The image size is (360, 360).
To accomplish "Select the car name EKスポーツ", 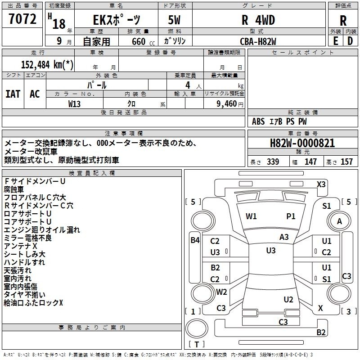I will pos(116,20).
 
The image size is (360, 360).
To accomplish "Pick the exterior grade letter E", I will pos(335,41).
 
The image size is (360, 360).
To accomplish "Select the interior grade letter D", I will pos(350,41).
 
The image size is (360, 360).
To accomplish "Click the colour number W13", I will pos(75,103).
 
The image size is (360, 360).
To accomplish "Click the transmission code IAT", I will pos(13,94).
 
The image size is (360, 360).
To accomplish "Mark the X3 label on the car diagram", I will pos(321,184).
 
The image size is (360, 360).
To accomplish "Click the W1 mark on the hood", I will pos(251,216).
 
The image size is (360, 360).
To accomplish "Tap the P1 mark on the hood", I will pos(291,216).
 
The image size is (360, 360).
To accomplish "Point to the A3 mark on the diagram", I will pos(284,237).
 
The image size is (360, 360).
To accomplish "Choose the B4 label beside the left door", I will pos(195,240).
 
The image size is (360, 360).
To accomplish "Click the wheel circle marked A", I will pos(340,221).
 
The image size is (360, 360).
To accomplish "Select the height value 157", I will pos(347,162).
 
